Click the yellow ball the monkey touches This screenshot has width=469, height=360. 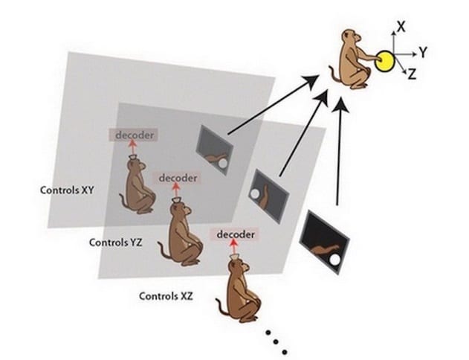(x=384, y=61)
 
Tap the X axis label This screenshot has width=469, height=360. (x=401, y=27)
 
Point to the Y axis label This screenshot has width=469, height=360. (x=423, y=52)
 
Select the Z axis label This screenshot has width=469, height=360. (x=413, y=74)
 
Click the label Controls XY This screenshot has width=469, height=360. (x=67, y=190)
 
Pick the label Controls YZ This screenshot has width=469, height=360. (x=116, y=242)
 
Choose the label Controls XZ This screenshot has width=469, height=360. (x=166, y=296)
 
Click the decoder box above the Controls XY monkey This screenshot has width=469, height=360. (x=133, y=135)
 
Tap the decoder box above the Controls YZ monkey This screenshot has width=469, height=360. (x=178, y=178)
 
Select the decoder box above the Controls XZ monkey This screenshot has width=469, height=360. (x=236, y=234)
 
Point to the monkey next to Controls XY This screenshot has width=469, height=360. (x=138, y=187)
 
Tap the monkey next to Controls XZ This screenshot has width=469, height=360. (x=239, y=292)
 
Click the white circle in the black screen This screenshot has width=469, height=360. (x=334, y=260)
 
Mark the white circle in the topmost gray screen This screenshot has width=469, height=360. (x=223, y=164)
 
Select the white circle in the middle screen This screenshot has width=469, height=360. (x=255, y=194)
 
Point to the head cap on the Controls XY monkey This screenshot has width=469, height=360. (x=133, y=158)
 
